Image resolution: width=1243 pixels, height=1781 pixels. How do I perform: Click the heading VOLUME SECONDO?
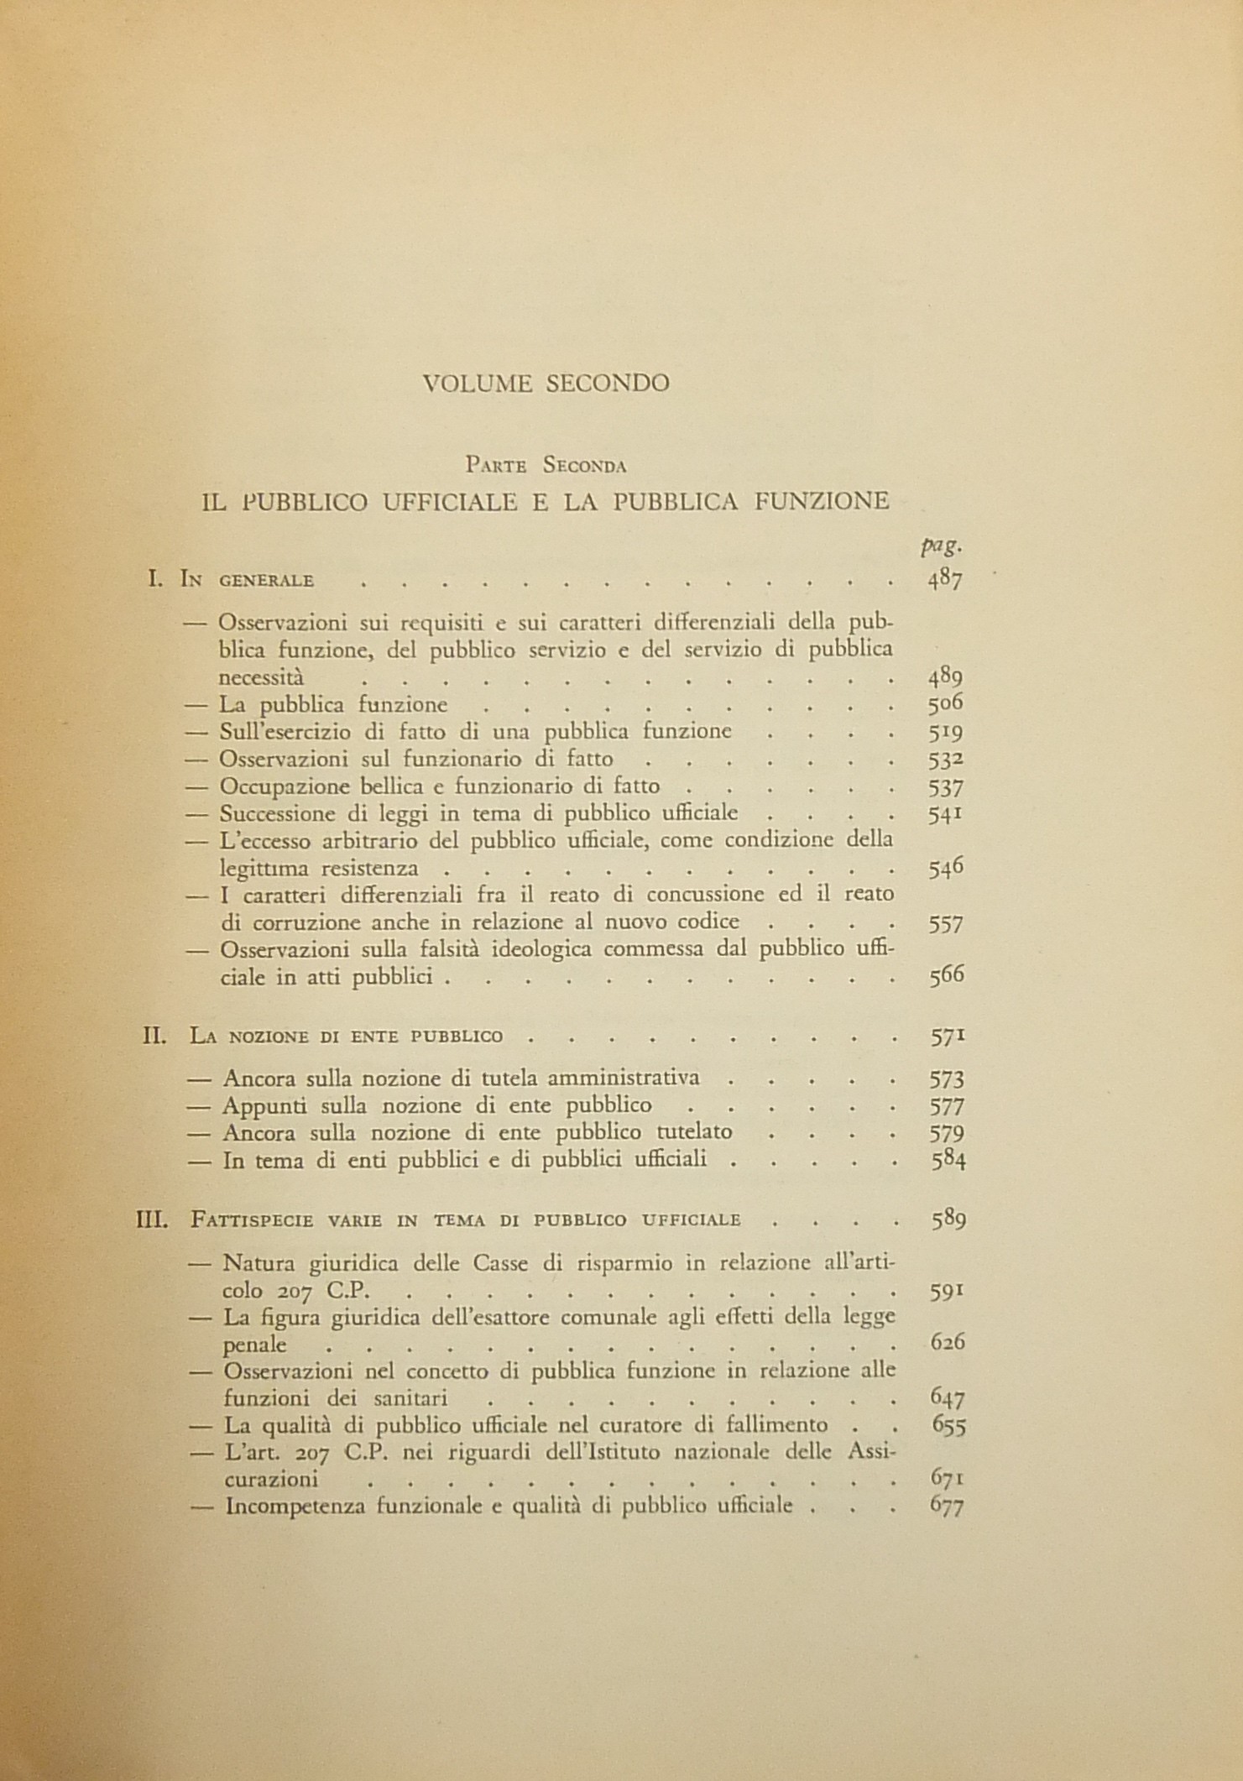coord(546,384)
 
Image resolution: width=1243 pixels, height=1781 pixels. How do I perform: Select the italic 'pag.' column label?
coord(940,546)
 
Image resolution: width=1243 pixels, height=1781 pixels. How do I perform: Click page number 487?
coord(945,581)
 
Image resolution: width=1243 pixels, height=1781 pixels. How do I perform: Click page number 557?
coord(947,923)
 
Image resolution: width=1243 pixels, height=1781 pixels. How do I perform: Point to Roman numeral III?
coord(154,1219)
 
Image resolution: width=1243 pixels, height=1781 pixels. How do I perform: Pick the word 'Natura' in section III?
coord(253,1262)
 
